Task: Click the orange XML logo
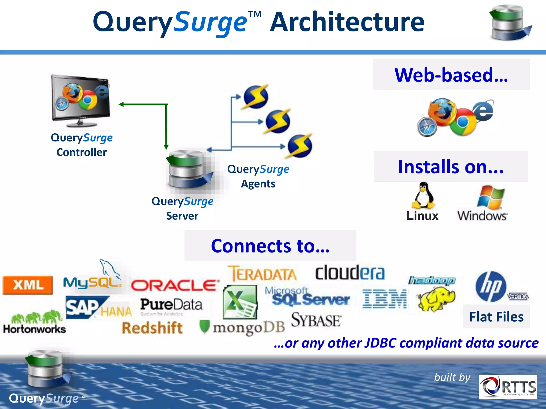point(27,285)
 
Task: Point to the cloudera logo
point(350,273)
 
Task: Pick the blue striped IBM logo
point(384,299)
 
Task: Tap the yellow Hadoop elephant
point(436,298)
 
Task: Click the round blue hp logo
point(491,287)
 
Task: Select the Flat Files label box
point(496,317)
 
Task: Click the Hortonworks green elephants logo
point(35,322)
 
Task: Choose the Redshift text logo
point(152,328)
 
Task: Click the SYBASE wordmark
point(316,320)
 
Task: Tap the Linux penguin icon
point(423,196)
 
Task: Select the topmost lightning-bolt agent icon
point(255,97)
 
